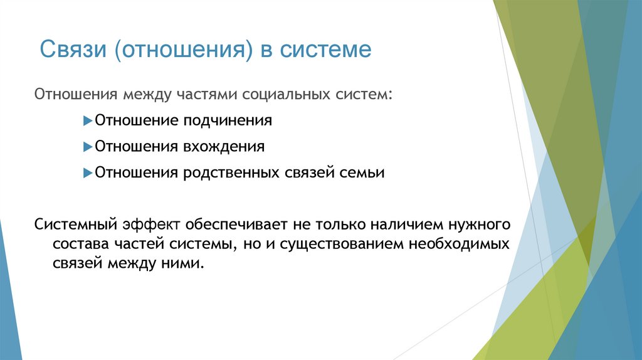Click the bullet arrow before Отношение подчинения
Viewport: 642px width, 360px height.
(88, 120)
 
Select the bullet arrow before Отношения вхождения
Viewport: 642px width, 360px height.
(88, 147)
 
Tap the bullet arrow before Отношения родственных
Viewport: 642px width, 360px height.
(88, 172)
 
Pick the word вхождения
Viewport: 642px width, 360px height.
(224, 147)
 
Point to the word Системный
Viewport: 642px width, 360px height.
(73, 225)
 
